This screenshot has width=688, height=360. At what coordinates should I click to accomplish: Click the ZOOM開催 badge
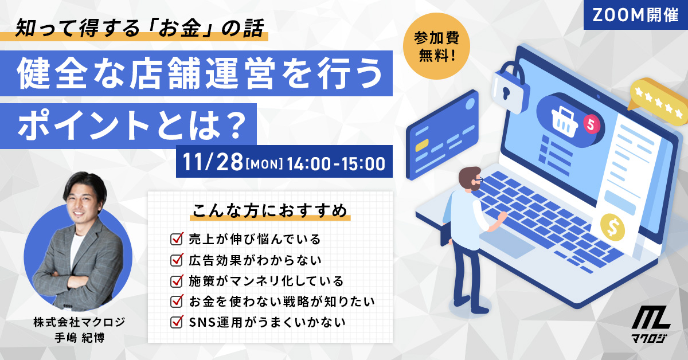coord(635,15)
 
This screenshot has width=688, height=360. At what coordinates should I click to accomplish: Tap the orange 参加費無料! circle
coord(436,46)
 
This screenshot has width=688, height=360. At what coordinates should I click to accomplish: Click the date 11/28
coord(213,162)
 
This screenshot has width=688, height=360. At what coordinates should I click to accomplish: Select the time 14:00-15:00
coord(336,164)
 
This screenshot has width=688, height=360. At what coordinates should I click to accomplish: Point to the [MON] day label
coord(264,164)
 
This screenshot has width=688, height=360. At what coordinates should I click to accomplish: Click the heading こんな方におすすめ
coord(270,211)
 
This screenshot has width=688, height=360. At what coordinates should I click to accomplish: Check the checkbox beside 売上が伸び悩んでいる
coord(177,238)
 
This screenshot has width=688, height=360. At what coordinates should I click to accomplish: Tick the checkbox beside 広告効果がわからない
coord(177,260)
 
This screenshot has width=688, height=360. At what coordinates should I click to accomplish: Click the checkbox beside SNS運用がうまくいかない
coord(177,322)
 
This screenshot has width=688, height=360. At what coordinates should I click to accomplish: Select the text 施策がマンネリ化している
coord(266,281)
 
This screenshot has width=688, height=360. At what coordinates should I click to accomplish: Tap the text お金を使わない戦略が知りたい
coord(282,302)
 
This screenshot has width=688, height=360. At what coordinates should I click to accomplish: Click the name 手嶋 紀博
coord(80,338)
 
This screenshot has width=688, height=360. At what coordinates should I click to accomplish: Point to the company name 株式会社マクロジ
coord(80,322)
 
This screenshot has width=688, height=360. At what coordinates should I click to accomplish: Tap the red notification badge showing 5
coord(591,124)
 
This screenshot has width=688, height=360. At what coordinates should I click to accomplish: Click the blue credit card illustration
coord(443,135)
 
